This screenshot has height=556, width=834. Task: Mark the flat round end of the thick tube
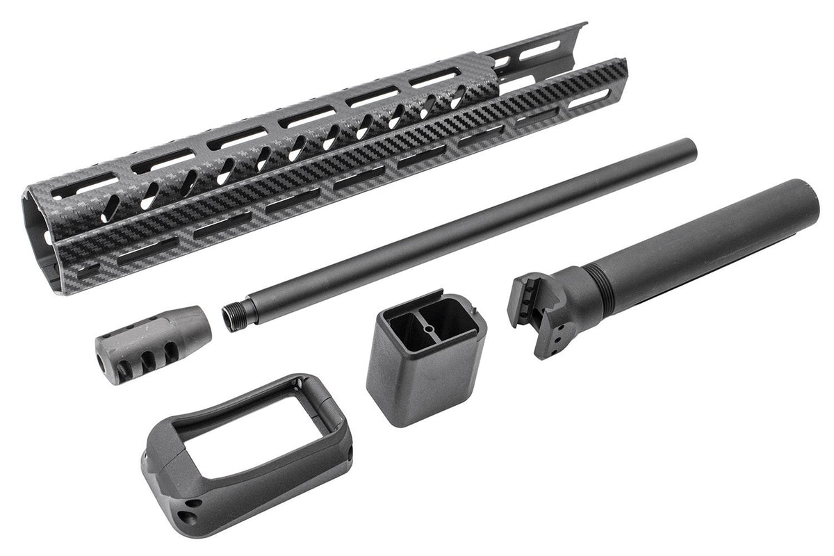[x=810, y=202]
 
